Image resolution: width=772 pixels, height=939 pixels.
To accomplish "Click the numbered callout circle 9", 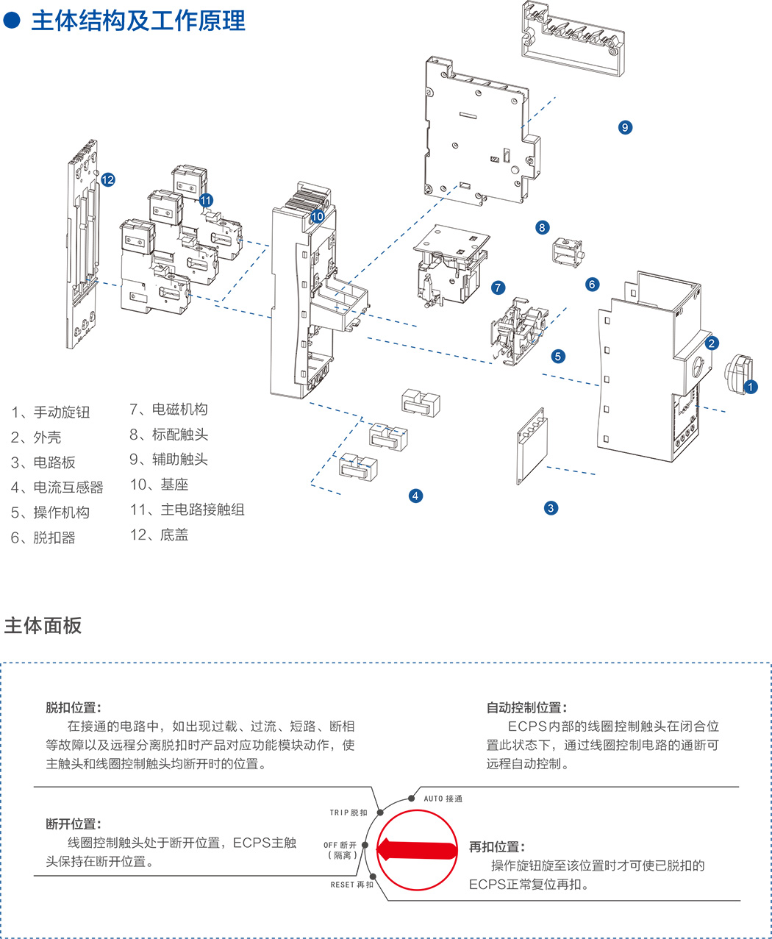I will click(x=625, y=127).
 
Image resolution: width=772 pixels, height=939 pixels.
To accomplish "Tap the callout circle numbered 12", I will click(x=108, y=179).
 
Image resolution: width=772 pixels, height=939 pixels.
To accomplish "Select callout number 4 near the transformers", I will click(x=415, y=496).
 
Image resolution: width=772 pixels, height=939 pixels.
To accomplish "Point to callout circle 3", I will click(x=551, y=507).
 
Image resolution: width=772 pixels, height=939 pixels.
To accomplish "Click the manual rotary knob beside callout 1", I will click(x=738, y=374).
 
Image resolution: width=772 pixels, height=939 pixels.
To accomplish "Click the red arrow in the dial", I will click(x=418, y=849).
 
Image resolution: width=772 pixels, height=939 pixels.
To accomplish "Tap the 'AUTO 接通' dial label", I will click(x=443, y=799).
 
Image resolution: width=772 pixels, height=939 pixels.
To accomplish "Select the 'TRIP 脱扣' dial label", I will click(x=349, y=813).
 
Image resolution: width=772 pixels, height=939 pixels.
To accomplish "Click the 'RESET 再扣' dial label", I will click(x=352, y=885).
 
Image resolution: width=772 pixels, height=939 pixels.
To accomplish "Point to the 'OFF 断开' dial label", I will click(x=340, y=845).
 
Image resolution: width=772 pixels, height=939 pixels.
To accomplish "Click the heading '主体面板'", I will click(x=43, y=626).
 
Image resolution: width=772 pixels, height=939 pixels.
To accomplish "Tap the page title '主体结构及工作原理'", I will click(x=137, y=21).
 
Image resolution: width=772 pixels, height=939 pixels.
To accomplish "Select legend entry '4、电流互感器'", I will click(x=57, y=488).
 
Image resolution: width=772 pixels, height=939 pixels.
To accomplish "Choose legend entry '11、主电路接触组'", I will click(x=187, y=510).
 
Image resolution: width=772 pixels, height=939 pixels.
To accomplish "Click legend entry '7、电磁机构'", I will click(x=168, y=410).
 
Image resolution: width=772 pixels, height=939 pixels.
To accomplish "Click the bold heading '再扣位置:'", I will click(x=497, y=847).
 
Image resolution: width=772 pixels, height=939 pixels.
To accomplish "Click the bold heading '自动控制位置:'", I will click(x=526, y=707).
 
